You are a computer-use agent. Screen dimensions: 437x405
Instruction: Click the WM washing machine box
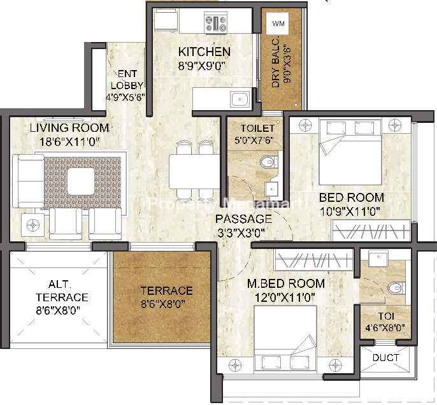pyautogui.click(x=278, y=24)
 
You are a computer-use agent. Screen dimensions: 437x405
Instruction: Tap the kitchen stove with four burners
pyautogui.click(x=216, y=22)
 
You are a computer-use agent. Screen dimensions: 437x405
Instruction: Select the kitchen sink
pyautogui.click(x=240, y=99)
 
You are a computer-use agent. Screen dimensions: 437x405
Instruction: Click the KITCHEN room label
pyautogui.click(x=204, y=52)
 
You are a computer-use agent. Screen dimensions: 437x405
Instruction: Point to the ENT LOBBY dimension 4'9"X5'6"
pyautogui.click(x=125, y=97)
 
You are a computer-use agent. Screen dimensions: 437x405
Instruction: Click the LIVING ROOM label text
pyautogui.click(x=69, y=128)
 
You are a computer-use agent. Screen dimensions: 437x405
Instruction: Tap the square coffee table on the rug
pyautogui.click(x=81, y=181)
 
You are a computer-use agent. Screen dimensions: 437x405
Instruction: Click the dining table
pyautogui.click(x=195, y=171)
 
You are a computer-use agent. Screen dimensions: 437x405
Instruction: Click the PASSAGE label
pyautogui.click(x=244, y=218)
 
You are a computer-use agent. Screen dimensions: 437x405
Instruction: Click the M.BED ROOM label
pyautogui.click(x=286, y=283)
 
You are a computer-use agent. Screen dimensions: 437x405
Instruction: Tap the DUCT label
pyautogui.click(x=386, y=357)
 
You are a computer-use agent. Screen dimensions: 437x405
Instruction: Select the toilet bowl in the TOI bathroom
pyautogui.click(x=396, y=288)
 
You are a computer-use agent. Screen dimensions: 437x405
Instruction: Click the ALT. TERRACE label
pyautogui.click(x=62, y=291)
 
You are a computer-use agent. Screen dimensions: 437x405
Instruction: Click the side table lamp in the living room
pyautogui.click(x=33, y=225)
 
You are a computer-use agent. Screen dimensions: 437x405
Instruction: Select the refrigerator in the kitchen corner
pyautogui.click(x=165, y=20)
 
